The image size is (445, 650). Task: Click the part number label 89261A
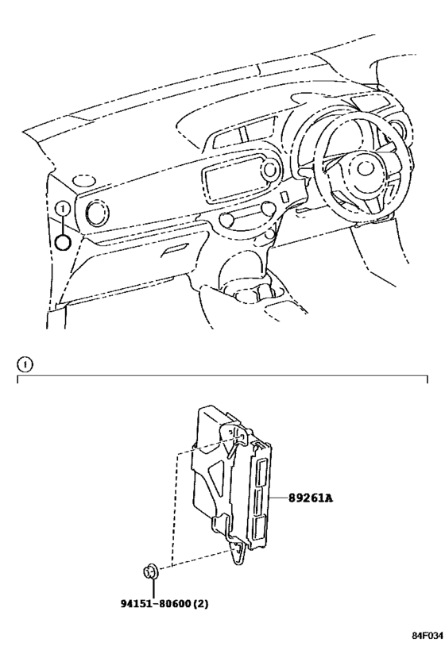tap(311, 498)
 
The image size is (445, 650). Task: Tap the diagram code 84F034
tap(428, 636)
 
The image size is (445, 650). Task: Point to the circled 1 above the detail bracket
tap(25, 365)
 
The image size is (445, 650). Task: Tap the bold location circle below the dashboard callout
tap(63, 243)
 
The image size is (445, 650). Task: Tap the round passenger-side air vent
tap(97, 212)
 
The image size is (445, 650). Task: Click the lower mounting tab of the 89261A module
tap(238, 551)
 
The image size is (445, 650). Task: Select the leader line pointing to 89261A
tap(279, 498)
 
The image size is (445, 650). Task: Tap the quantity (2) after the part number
tap(201, 603)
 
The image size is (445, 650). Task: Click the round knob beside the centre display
tap(270, 168)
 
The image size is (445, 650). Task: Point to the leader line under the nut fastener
tap(153, 588)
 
